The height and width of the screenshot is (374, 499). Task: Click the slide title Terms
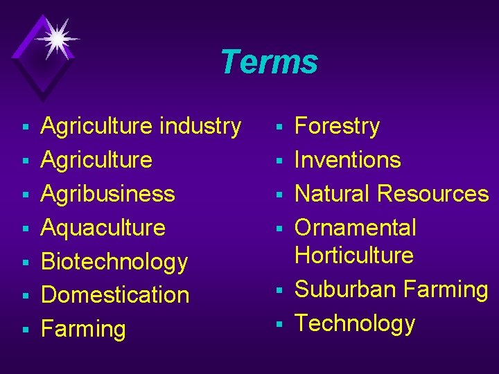click(x=269, y=62)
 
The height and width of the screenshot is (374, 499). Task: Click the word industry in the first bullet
click(x=200, y=126)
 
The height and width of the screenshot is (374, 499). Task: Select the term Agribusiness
click(x=108, y=193)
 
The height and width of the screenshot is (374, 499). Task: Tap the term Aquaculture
click(x=103, y=227)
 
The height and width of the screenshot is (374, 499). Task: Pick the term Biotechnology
click(x=114, y=261)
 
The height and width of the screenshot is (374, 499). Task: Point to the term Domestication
click(x=115, y=295)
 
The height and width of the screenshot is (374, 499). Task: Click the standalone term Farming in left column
click(x=84, y=329)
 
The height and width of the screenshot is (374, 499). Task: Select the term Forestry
click(x=338, y=126)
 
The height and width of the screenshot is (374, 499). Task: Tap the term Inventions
click(x=348, y=160)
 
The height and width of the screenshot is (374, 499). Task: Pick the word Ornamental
click(x=356, y=227)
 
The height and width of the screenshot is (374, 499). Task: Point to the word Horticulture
click(x=354, y=255)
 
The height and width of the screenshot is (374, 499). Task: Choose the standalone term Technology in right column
click(x=355, y=323)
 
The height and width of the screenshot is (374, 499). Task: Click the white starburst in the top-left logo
click(x=55, y=38)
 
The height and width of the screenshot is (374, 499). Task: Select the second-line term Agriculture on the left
click(x=96, y=160)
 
